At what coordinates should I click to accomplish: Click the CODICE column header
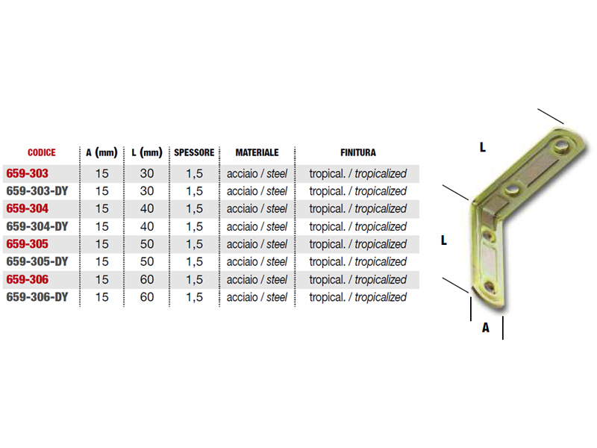pos(42,153)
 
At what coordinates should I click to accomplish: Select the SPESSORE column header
pos(194,153)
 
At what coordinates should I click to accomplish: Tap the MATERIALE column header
pos(257,153)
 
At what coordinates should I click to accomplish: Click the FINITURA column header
pos(358,153)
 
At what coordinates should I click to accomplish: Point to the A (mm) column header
pos(101,153)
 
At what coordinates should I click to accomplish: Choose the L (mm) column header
pos(147,153)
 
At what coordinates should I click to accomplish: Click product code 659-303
pos(28,174)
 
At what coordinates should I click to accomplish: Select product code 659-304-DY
pos(37,227)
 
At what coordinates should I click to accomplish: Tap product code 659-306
pos(28,279)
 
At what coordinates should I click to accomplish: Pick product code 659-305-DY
pos(37,262)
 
